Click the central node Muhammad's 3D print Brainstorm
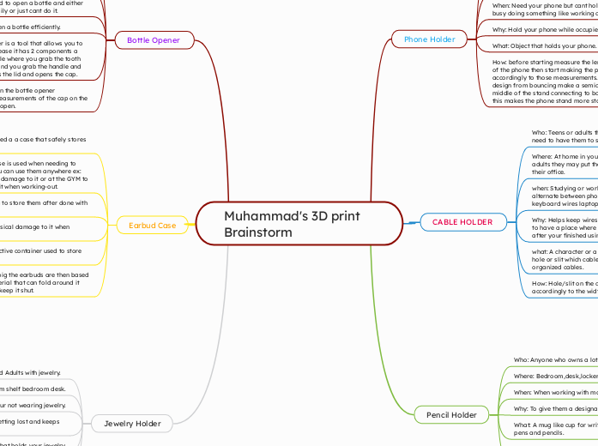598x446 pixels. pos(299,224)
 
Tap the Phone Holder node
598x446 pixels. pos(428,39)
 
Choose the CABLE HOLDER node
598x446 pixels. pos(462,222)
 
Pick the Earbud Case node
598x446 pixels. pos(153,226)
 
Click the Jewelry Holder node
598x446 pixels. pos(132,423)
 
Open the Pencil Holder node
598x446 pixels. pos(451,415)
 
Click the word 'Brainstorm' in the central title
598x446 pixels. pos(258,232)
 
